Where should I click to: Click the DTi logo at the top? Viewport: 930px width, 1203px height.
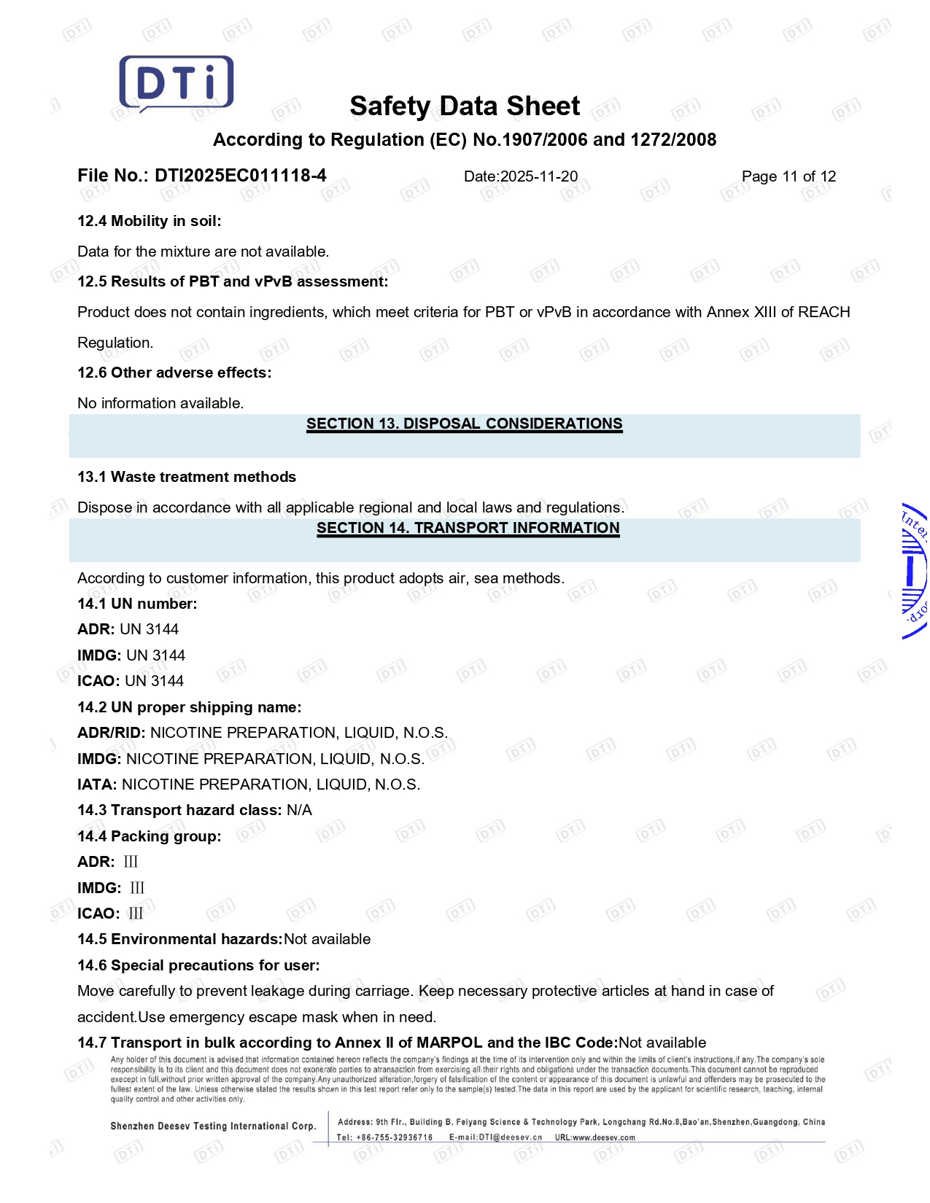176,83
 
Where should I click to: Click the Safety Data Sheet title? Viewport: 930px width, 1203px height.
465,106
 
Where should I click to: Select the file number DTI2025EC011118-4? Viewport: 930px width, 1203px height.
241,176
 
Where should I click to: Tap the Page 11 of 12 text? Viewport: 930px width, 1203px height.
788,176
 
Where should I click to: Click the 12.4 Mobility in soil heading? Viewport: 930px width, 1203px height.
149,221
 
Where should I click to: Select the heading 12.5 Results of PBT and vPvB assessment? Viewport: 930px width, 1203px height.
233,281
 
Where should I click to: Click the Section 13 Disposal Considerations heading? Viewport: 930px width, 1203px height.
465,424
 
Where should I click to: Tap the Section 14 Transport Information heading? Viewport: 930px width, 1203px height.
468,528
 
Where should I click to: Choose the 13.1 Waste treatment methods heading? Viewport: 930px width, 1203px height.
187,477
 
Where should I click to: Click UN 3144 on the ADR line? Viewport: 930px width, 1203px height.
150,629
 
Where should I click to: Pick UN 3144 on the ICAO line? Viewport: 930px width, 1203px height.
155,681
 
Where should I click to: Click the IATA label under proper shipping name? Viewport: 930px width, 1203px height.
96,785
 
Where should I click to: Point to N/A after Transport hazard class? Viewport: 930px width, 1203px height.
299,810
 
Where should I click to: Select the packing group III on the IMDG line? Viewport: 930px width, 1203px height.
137,888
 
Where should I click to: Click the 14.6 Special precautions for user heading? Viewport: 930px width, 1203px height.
198,965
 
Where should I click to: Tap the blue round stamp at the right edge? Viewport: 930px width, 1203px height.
915,572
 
